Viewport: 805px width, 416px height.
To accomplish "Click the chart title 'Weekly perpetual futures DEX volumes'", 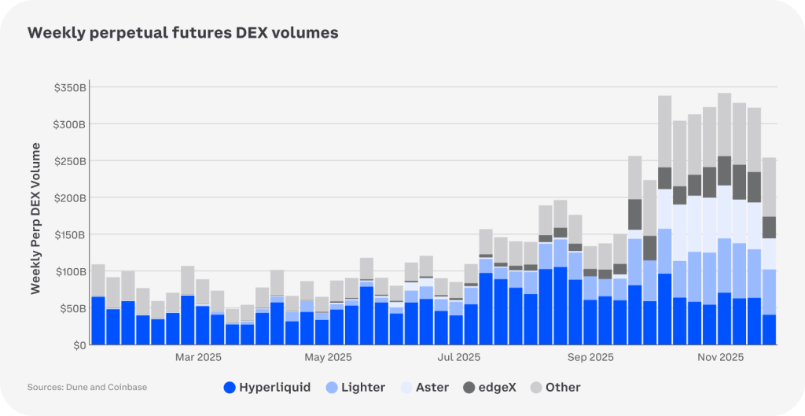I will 183,33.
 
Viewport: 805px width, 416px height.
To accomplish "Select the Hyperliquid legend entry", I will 267,387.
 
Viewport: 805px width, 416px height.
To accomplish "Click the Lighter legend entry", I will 355,387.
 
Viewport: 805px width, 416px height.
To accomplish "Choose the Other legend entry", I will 555,387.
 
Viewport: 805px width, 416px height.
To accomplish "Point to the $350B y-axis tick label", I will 69,87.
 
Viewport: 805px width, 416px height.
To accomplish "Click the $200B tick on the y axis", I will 69,197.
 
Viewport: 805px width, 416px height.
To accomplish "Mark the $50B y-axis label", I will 72,308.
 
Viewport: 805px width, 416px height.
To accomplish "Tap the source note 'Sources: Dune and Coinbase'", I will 86,387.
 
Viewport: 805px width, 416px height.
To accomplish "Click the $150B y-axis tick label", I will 69,234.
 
